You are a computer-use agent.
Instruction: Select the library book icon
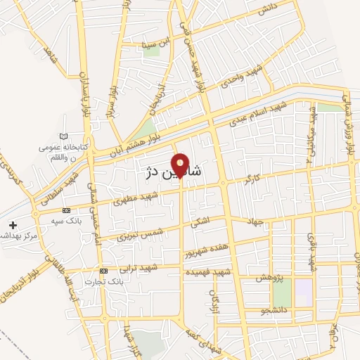pos(65,136)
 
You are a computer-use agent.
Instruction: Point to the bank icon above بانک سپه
pos(66,210)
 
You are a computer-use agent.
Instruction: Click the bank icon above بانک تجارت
pos(103,271)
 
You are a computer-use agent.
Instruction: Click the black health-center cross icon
pos(13,226)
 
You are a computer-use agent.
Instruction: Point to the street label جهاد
pos(255,222)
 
